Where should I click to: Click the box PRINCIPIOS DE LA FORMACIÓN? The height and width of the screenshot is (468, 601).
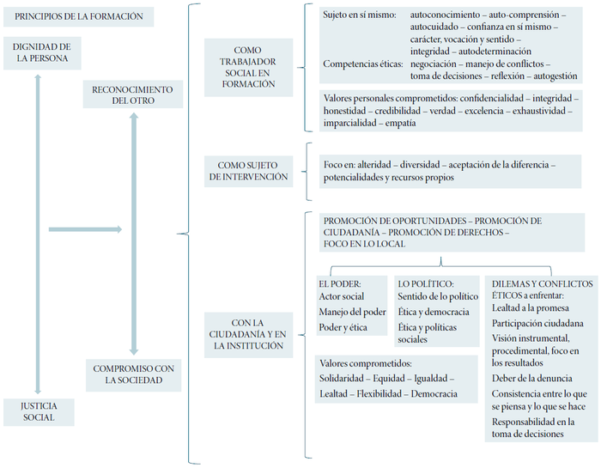pos(78,17)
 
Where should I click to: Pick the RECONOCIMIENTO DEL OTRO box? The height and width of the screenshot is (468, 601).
pos(133,94)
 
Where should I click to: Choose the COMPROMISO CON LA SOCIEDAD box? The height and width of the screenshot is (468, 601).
pos(133,374)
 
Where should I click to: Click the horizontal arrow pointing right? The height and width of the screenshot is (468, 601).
pos(86,229)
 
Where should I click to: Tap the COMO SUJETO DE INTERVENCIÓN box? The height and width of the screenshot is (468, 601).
pos(247,171)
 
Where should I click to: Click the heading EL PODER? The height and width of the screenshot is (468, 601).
pos(339,283)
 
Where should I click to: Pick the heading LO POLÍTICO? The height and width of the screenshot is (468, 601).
pos(426,283)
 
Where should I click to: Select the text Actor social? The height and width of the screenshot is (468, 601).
pos(342,296)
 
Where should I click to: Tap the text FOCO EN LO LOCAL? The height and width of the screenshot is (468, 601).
pos(365,244)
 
